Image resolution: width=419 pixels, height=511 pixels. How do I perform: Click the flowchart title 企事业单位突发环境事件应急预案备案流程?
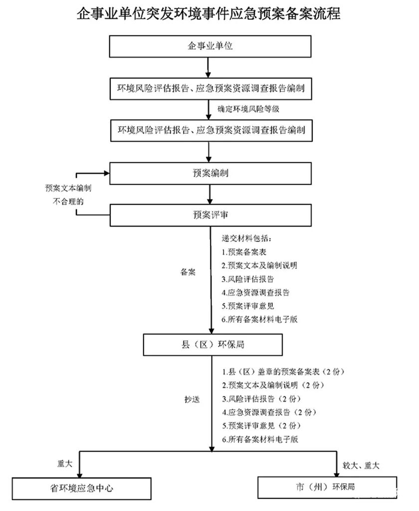pos(209,14)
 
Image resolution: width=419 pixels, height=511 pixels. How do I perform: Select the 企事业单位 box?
pos(210,46)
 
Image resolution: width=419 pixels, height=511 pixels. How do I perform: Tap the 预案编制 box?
pos(210,173)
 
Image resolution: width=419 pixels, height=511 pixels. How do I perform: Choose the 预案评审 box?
pos(210,215)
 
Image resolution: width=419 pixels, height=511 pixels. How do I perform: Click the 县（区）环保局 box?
pos(213,344)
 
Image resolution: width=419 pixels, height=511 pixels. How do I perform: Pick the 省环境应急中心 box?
pos(81,488)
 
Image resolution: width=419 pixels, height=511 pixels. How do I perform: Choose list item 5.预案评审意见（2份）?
pos(262,426)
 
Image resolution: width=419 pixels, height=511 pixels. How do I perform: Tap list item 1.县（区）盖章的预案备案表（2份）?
pos(283,372)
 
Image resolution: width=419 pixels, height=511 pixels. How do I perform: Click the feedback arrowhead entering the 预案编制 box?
pos(106,173)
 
